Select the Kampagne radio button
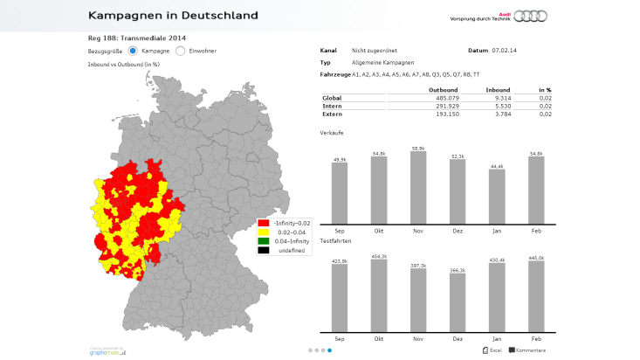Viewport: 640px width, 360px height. point(134,51)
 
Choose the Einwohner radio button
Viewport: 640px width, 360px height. point(181,51)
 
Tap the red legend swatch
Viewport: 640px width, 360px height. point(263,224)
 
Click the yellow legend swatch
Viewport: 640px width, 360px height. point(263,232)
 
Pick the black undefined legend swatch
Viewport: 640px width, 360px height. point(263,250)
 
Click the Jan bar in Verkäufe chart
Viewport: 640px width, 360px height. point(497,196)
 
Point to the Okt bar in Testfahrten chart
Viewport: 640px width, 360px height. point(378,296)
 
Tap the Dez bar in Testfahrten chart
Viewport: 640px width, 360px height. point(458,304)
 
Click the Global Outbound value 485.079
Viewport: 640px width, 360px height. point(445,97)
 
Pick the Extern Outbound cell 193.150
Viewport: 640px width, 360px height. point(445,114)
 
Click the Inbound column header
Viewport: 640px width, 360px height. point(498,89)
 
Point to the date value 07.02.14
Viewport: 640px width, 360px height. point(505,51)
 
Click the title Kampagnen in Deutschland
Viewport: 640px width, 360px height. point(173,15)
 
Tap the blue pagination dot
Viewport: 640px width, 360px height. point(329,350)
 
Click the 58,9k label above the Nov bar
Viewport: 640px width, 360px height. point(417,148)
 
